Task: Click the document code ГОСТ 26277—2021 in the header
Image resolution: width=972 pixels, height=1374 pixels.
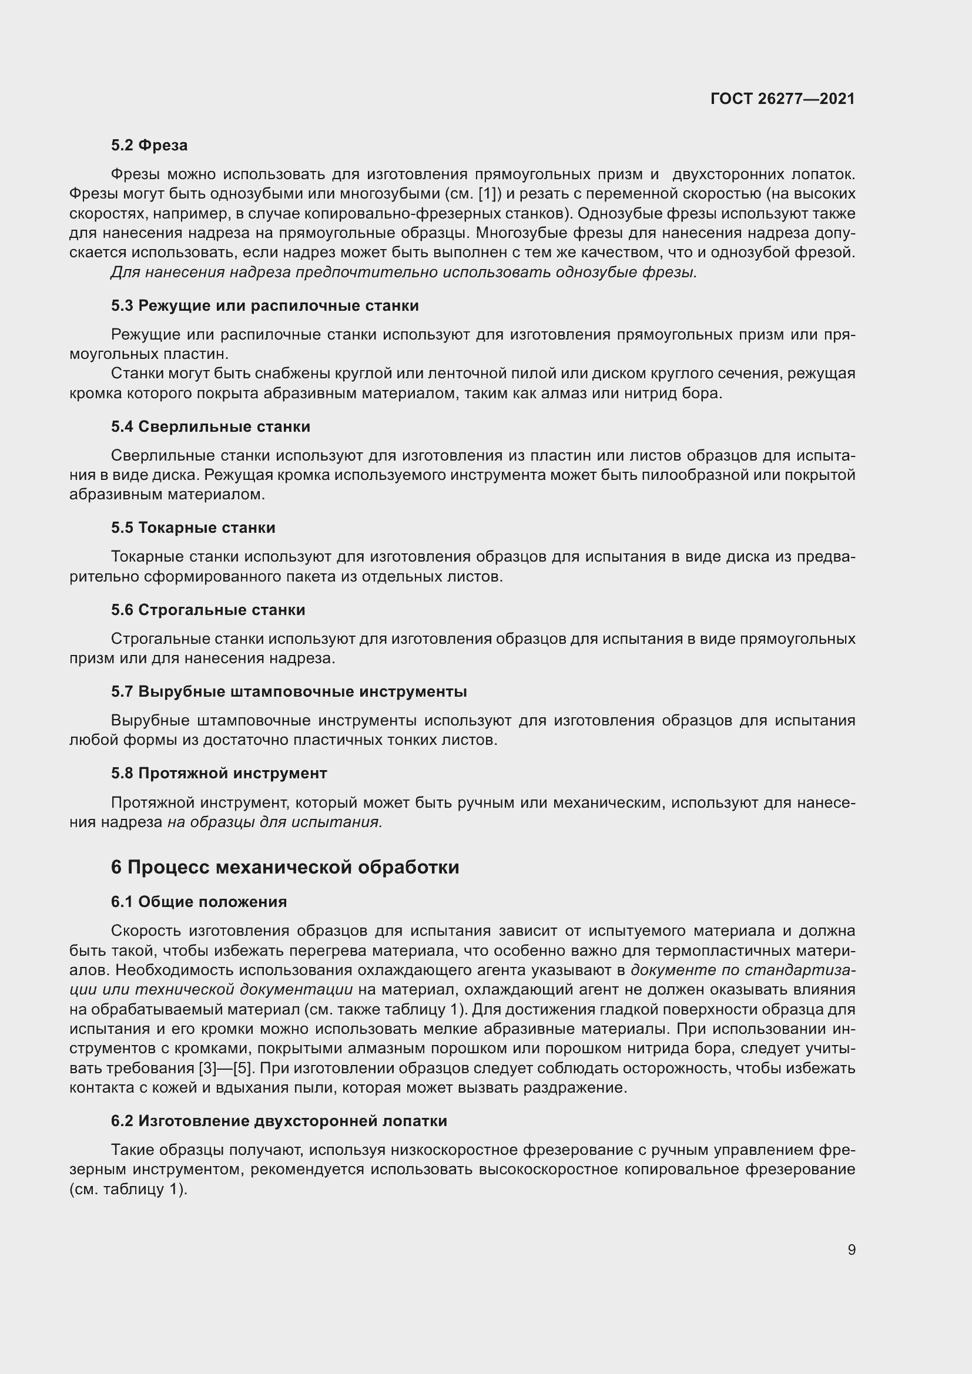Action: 782,99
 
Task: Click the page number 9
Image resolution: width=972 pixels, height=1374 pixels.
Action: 851,1249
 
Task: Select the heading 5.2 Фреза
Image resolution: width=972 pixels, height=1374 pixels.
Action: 149,146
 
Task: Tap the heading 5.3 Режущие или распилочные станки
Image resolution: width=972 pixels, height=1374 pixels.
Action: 264,306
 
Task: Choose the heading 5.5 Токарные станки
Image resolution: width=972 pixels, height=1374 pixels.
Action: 193,528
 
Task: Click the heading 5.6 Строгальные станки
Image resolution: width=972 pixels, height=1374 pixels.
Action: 207,610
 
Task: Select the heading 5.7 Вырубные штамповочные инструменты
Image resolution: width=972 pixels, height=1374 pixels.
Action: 289,692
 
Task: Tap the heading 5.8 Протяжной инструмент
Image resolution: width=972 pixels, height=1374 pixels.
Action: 219,773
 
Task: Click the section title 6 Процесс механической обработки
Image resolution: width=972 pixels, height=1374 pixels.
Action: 285,867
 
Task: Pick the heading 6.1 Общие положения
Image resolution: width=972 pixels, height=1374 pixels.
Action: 199,902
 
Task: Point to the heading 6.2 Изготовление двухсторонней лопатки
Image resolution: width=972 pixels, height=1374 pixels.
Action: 279,1121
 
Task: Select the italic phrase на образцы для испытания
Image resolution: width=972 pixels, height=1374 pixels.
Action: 274,822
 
